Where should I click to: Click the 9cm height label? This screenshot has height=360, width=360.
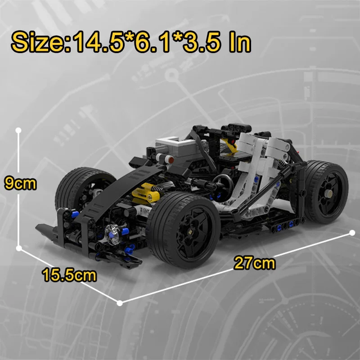[x=19, y=183]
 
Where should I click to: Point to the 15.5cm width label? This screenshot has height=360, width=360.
[x=70, y=274]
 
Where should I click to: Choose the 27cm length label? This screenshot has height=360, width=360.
[x=255, y=263]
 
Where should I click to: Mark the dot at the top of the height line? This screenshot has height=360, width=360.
[x=18, y=130]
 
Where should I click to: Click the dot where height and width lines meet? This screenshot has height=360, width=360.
[x=18, y=248]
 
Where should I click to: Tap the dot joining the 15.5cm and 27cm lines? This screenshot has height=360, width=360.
[x=120, y=303]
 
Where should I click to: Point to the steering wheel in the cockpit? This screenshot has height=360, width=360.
[x=223, y=182]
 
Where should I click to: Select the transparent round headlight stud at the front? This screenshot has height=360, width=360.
[x=112, y=232]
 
